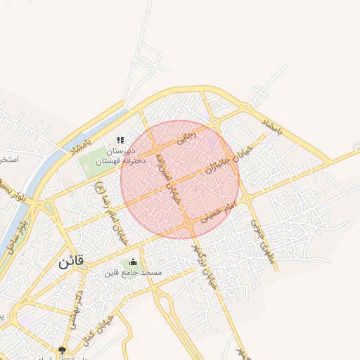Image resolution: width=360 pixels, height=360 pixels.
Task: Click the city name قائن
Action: [71, 261]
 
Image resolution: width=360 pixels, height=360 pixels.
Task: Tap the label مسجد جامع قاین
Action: [134, 272]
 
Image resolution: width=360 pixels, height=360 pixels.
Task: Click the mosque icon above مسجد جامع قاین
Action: [134, 262]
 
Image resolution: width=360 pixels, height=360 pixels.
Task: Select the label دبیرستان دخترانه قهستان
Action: [120, 156]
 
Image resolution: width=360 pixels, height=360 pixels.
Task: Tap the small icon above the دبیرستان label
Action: [120, 141]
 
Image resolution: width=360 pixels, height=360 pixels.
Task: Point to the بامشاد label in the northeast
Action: [271, 127]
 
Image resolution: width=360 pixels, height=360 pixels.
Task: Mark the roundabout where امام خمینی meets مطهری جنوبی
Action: [247, 199]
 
